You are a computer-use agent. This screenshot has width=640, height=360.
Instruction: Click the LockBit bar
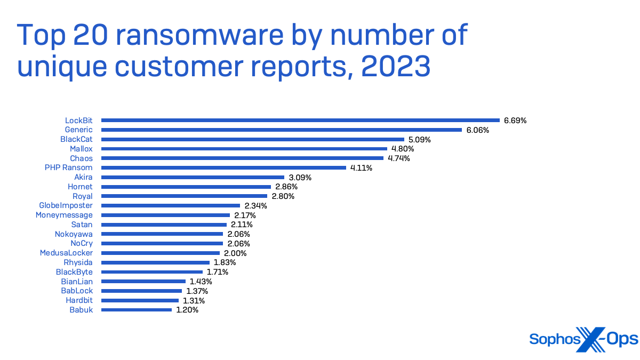pyautogui.click(x=300, y=121)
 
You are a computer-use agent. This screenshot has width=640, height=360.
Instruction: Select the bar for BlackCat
pyautogui.click(x=252, y=139)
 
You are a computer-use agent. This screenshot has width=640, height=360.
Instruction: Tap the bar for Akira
pyautogui.click(x=193, y=177)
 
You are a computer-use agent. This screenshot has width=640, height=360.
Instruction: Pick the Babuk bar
pyautogui.click(x=137, y=310)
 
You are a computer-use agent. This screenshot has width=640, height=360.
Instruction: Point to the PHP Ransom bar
pyautogui.click(x=223, y=167)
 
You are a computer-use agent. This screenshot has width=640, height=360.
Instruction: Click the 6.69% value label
pyautogui.click(x=515, y=121)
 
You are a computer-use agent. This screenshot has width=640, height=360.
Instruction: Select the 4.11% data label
pyautogui.click(x=361, y=167)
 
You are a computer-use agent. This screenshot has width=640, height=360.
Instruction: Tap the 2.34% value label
pyautogui.click(x=255, y=205)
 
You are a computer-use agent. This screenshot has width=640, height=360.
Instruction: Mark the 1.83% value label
pyautogui.click(x=225, y=262)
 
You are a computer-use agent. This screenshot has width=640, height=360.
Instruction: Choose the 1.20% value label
pyautogui.click(x=187, y=310)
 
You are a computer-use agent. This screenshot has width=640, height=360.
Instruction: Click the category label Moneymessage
pyautogui.click(x=64, y=215)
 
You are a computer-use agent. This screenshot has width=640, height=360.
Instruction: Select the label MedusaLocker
pyautogui.click(x=66, y=253)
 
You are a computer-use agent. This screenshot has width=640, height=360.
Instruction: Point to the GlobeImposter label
pyautogui.click(x=66, y=205)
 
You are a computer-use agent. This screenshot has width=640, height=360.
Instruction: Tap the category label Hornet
pyautogui.click(x=80, y=187)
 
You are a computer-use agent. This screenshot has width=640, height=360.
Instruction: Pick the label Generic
pyautogui.click(x=78, y=130)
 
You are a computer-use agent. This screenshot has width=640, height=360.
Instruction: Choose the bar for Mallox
pyautogui.click(x=244, y=149)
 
